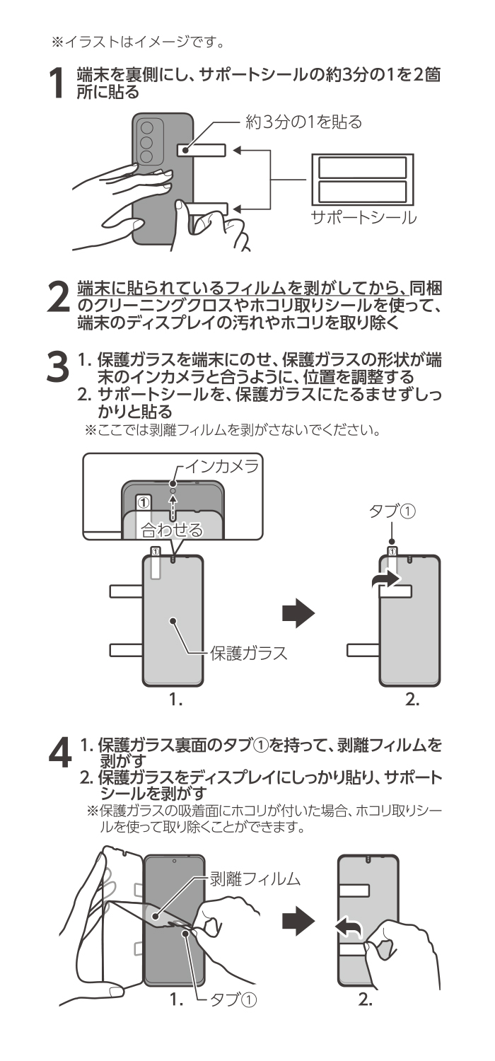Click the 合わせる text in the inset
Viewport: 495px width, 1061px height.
tap(171, 528)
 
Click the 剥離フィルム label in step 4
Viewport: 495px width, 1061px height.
tap(255, 879)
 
